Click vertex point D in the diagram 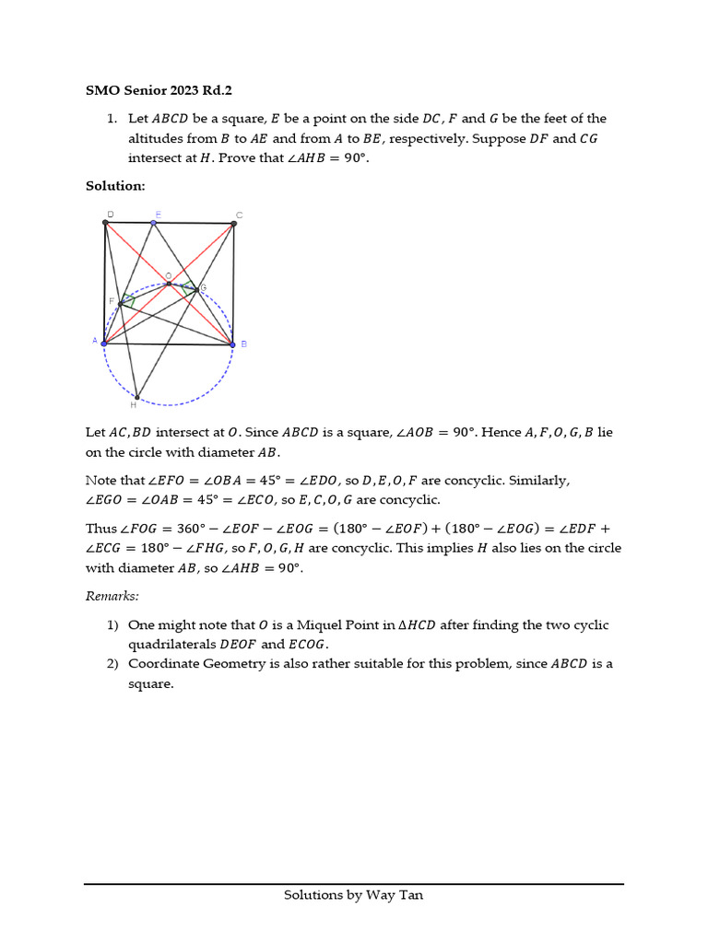[105, 222]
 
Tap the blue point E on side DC [154, 222]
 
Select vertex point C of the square [232, 223]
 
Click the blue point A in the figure [103, 343]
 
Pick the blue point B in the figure [232, 344]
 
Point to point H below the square [136, 397]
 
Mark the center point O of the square [169, 284]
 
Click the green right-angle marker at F [128, 300]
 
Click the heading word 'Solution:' [115, 186]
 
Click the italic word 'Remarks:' [112, 597]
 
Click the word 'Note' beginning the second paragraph [101, 481]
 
